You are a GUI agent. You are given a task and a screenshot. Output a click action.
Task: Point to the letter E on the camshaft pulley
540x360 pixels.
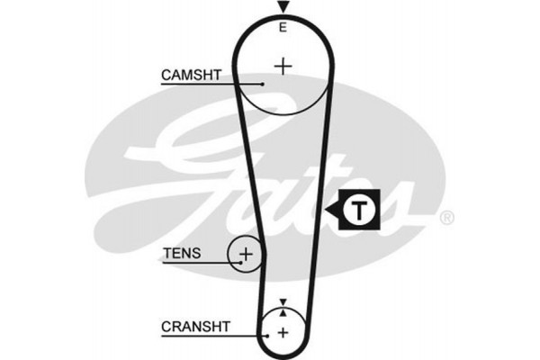[x=283, y=28]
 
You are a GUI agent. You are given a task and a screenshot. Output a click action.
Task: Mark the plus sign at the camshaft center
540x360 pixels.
[x=283, y=66]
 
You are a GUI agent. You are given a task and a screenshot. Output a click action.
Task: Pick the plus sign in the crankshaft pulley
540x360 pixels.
[x=283, y=333]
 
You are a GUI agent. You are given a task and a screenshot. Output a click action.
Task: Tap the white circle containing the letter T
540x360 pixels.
[x=358, y=211]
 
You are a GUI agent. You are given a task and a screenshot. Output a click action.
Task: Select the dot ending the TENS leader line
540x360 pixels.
[x=241, y=263]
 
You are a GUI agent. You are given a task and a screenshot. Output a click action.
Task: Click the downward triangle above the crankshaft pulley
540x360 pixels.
[x=283, y=302]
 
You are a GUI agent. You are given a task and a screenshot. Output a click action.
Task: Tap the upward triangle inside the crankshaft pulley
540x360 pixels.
[x=283, y=313]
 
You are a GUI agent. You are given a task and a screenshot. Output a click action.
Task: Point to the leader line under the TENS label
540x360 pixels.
[x=202, y=263]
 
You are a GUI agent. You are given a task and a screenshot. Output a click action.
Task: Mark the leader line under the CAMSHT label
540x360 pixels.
[x=211, y=85]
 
